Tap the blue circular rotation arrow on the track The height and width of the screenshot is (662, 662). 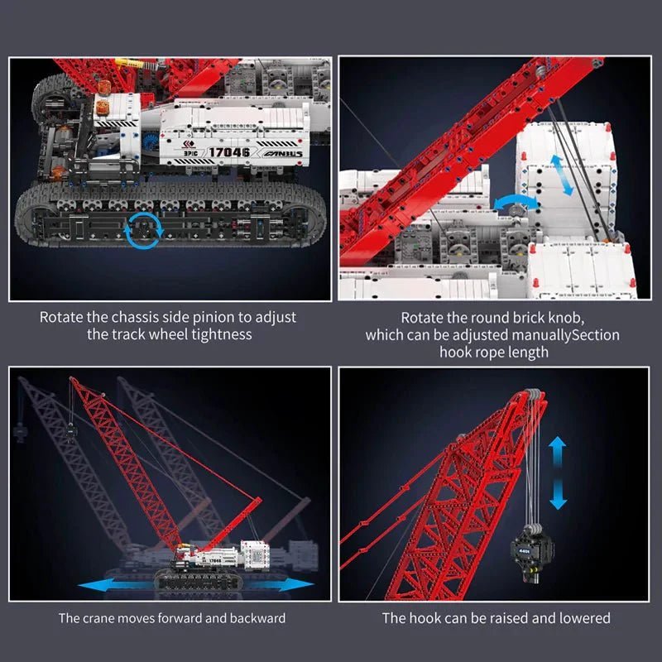(x=144, y=228)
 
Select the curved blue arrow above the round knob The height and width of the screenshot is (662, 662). (x=511, y=203)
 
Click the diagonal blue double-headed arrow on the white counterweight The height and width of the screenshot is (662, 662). (x=559, y=174)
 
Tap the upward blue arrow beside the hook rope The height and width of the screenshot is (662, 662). (x=558, y=451)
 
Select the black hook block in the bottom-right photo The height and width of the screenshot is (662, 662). (x=526, y=549)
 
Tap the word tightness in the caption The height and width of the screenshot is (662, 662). (x=223, y=334)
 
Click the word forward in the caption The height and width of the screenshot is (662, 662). (x=187, y=617)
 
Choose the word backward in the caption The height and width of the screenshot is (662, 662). (x=257, y=617)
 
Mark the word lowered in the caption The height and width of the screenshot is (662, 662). (x=584, y=617)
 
